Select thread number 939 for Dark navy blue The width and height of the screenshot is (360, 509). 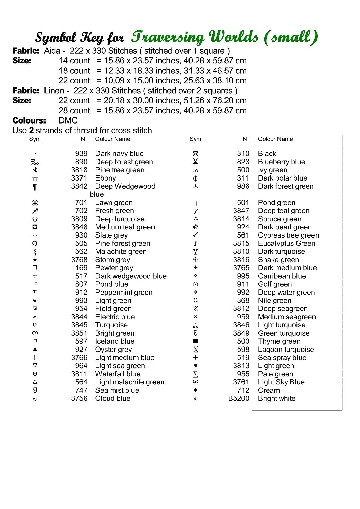tap(81, 154)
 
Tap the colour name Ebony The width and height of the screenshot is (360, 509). tap(105, 178)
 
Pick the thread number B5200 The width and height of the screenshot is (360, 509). tap(238, 398)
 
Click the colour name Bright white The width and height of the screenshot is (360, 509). tap(276, 398)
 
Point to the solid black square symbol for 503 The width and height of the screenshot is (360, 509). tap(195, 341)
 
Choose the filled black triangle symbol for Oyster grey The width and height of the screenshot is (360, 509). tap(35, 349)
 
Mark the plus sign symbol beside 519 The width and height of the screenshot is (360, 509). tap(195, 357)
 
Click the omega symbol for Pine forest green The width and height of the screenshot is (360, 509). tap(35, 244)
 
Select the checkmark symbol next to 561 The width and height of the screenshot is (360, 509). tap(195, 235)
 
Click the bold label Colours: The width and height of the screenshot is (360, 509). tap(29, 120)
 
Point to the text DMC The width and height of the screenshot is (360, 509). tap(68, 120)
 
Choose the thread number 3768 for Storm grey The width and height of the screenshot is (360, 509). tap(79, 260)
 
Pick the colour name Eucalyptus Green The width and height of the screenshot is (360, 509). tap(286, 243)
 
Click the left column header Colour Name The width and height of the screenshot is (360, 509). tap(112, 139)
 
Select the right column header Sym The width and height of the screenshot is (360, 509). tap(195, 139)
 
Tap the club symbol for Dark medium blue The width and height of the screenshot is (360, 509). tap(195, 267)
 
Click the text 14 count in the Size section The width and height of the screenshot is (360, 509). tap(74, 61)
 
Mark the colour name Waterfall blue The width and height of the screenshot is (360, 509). tap(118, 374)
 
